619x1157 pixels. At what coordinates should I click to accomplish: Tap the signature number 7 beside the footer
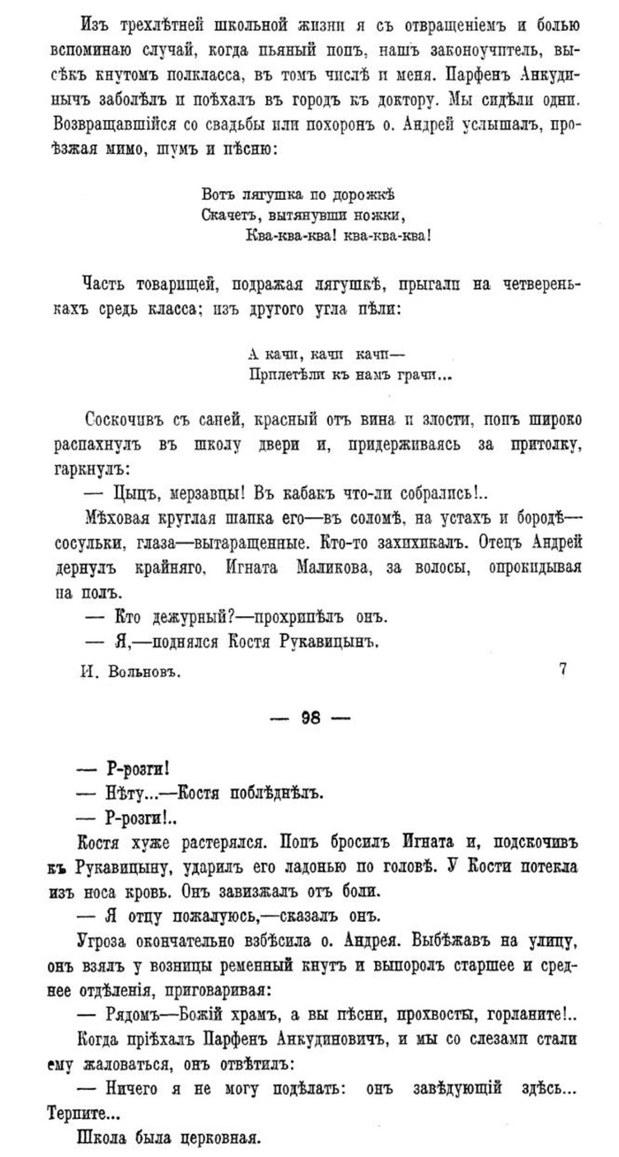tap(563, 670)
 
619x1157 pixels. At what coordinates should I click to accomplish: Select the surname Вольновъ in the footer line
tap(148, 672)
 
